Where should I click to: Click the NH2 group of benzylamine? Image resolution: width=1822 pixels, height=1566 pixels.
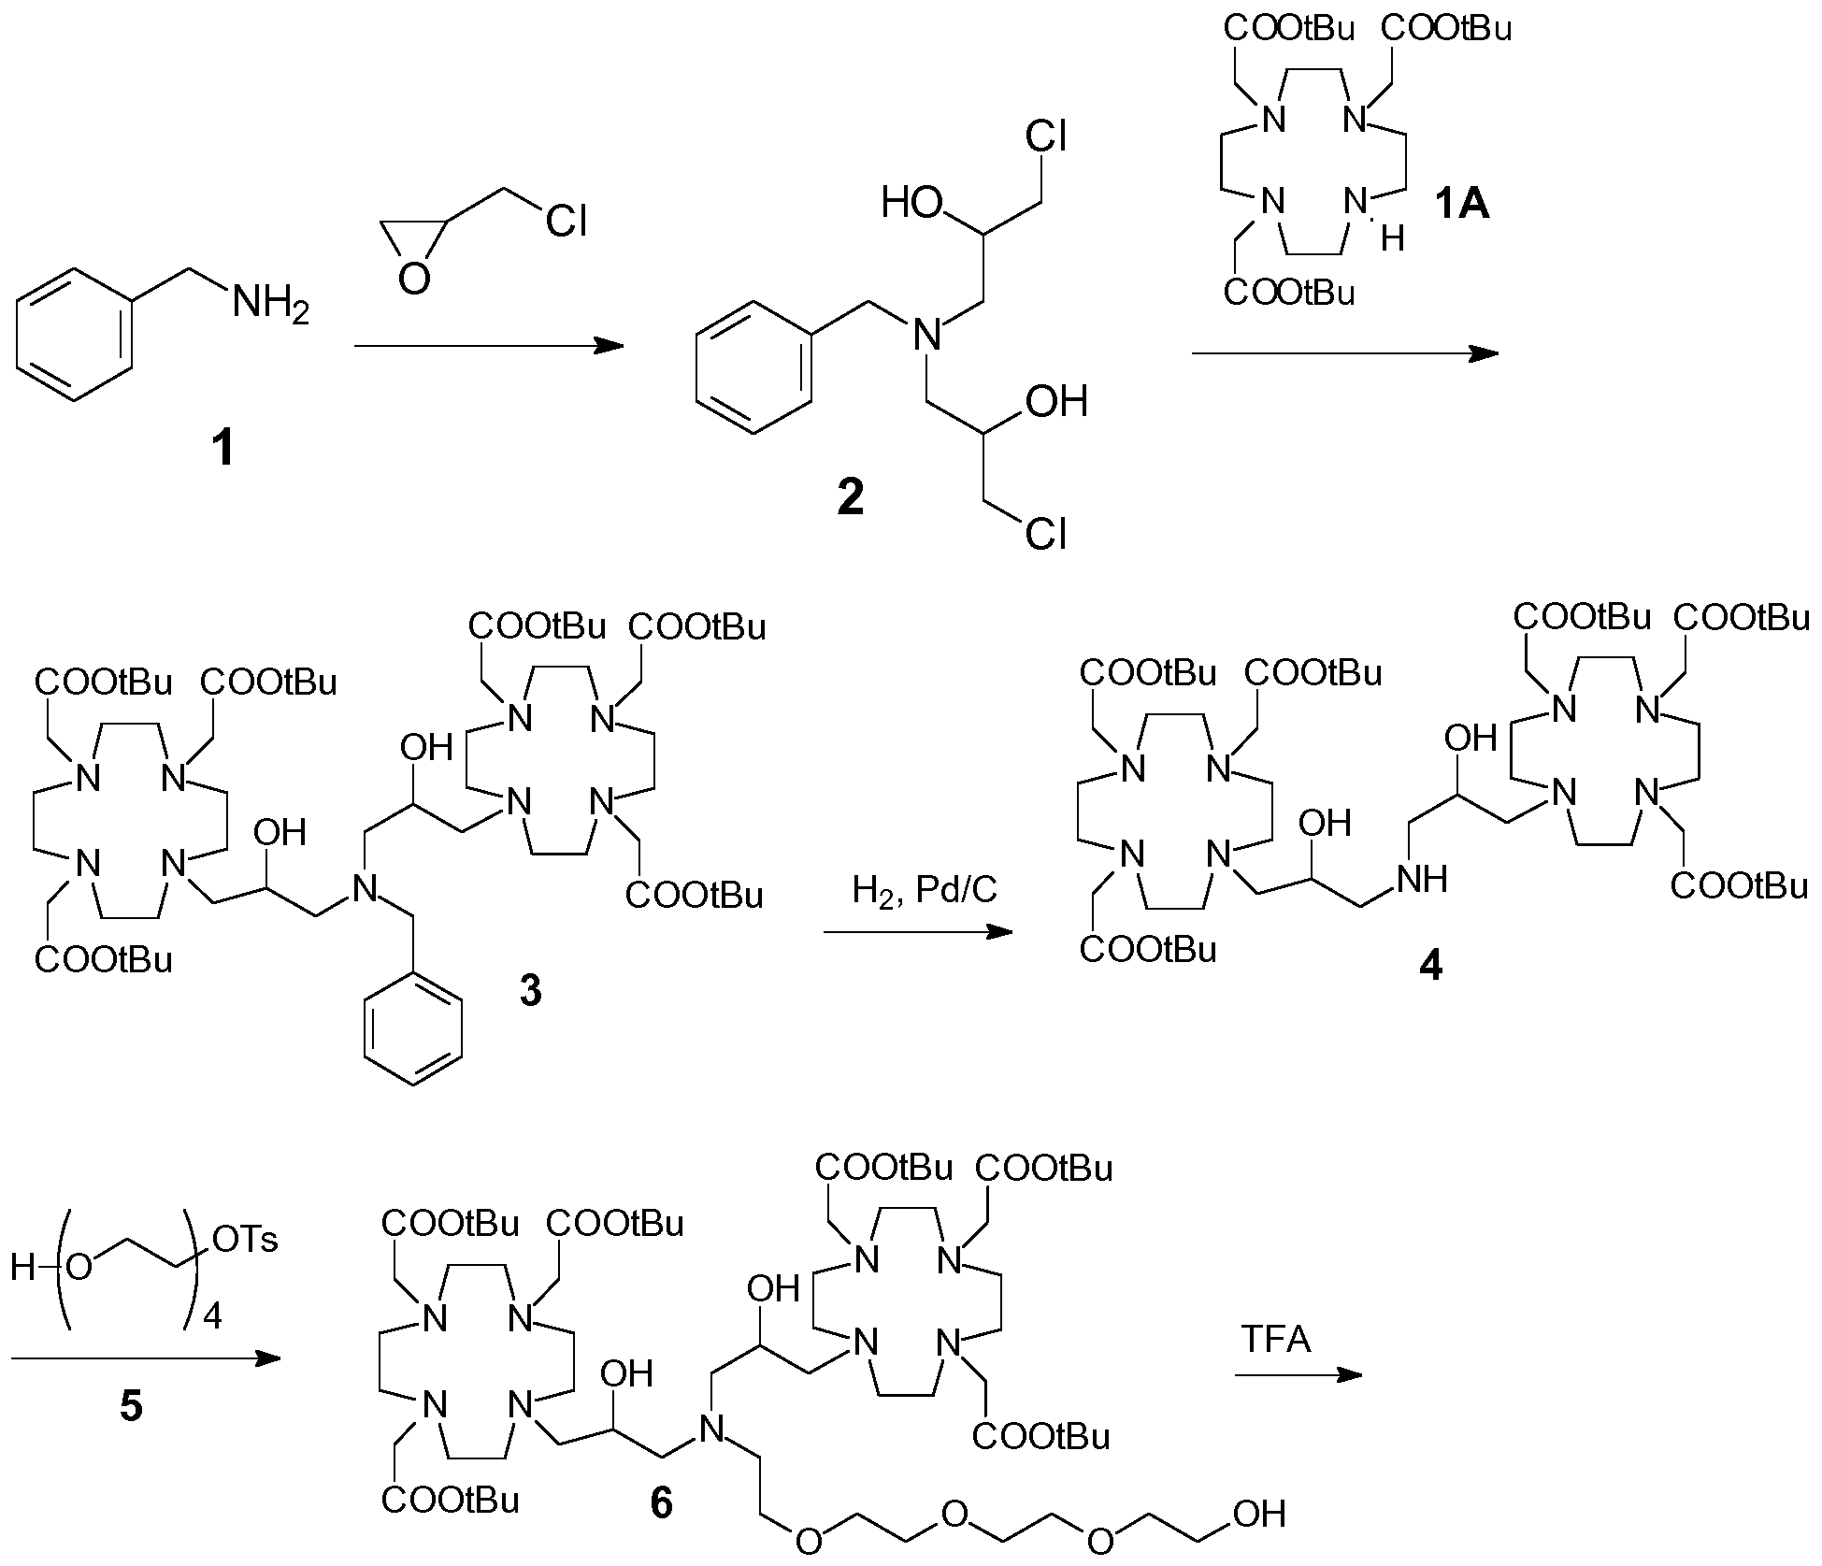pos(270,304)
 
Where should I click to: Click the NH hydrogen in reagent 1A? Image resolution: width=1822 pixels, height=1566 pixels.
pos(1392,240)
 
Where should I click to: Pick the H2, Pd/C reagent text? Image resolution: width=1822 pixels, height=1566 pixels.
pos(925,889)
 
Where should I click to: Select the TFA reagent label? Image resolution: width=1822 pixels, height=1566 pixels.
pos(1277,1340)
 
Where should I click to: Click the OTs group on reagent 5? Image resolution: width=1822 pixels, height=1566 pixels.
pos(246,1240)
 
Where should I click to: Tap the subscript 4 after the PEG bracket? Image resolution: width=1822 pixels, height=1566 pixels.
pos(212,1317)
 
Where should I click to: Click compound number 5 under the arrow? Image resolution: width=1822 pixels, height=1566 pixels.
pos(132,1406)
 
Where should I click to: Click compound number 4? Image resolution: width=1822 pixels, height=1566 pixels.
pos(1430,967)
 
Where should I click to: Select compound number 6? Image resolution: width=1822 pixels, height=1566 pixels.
pos(661,1502)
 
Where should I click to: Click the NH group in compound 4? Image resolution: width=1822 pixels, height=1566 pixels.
pos(1422,879)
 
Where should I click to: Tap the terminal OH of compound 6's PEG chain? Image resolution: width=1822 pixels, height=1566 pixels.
pos(1260,1515)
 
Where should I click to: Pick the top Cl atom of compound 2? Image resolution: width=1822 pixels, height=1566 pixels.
pos(1046,137)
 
